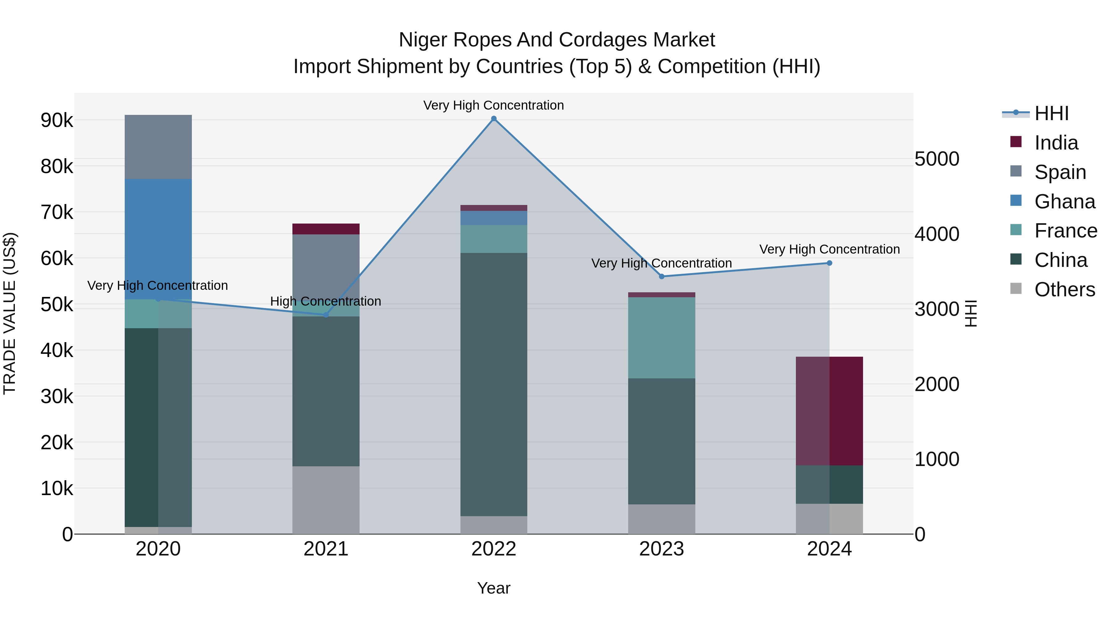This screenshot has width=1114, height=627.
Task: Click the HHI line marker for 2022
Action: (494, 119)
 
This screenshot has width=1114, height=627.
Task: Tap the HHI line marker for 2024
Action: (829, 263)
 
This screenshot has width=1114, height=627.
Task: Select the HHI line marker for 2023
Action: (662, 276)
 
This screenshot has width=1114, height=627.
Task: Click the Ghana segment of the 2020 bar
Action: (158, 239)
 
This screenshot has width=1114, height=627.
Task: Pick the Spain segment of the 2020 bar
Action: (158, 147)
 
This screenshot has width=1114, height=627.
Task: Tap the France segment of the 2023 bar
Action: (662, 337)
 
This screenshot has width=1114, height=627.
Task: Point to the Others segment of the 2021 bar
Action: (326, 500)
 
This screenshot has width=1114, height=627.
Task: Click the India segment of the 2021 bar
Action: (326, 229)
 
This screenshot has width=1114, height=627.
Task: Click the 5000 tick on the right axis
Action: (937, 159)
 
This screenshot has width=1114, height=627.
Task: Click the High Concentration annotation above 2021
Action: (326, 301)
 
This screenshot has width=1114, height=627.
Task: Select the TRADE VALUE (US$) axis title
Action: (10, 313)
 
